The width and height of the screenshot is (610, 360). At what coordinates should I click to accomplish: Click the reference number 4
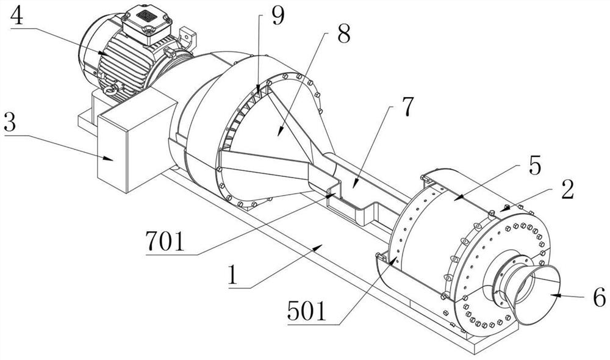(x=17, y=16)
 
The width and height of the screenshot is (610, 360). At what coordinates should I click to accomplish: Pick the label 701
(x=165, y=241)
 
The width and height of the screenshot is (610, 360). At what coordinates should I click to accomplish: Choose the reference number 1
(x=232, y=275)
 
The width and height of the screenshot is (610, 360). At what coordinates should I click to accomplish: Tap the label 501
(x=307, y=311)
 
